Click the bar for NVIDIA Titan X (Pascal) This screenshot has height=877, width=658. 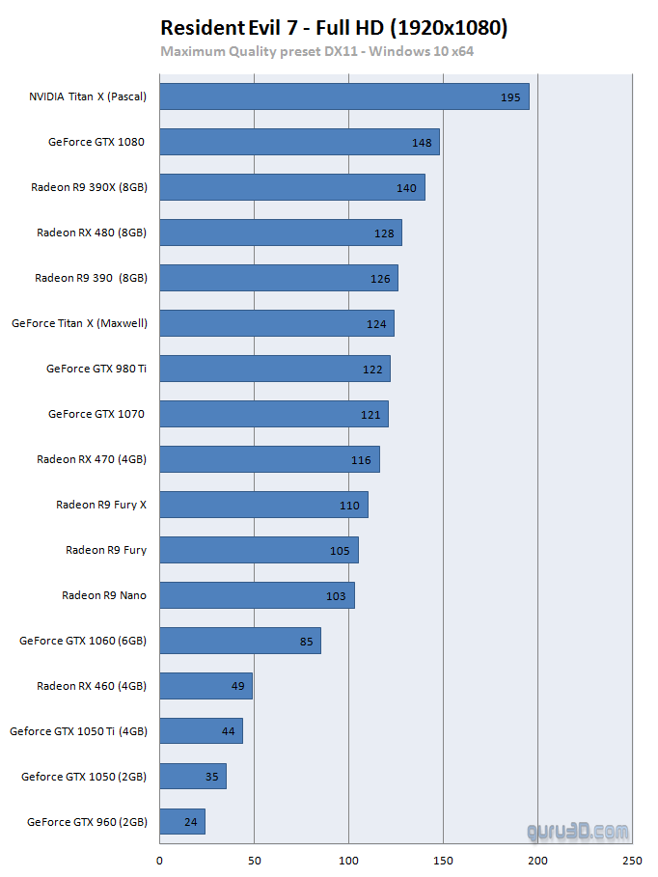pos(343,96)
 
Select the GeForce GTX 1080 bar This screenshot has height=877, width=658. pos(299,142)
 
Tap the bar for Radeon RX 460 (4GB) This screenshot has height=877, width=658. pos(206,686)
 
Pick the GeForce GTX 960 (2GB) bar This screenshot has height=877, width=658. pos(182,822)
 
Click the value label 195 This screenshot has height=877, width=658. pos(510,97)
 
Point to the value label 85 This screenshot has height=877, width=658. pos(307,642)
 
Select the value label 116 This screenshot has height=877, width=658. pos(361,460)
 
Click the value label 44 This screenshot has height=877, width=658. pos(228,732)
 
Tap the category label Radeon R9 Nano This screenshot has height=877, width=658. pos(104,595)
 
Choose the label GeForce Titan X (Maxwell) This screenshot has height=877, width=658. pos(79,323)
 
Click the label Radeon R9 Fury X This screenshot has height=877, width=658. pos(101,505)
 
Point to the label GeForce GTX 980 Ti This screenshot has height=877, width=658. pos(96,369)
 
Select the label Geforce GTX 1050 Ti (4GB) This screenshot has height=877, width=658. pos(78,731)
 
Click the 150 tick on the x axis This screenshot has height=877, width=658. pos(443,861)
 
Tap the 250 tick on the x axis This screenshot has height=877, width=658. pos(632,861)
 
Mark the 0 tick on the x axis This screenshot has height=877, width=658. pos(159,861)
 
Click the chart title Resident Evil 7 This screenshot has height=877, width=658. pos(333,28)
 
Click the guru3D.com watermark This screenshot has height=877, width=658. pos(578,831)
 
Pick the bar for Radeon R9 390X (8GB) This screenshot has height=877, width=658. pos(292,187)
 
